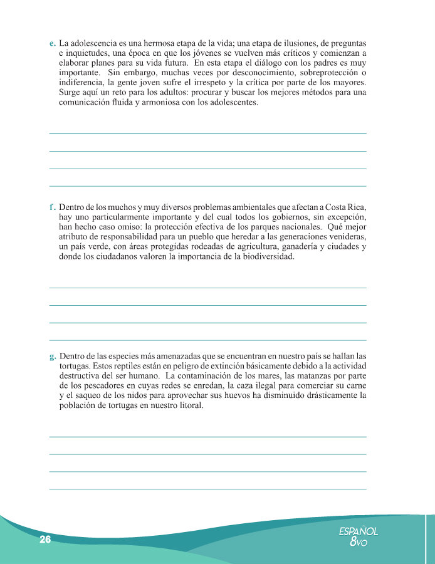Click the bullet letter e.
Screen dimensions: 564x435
point(52,44)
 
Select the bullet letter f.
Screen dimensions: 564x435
point(52,206)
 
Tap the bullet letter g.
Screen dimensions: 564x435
point(52,356)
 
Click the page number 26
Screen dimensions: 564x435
point(45,540)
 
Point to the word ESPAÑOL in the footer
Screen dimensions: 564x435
point(358,531)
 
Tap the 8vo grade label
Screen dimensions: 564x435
point(358,543)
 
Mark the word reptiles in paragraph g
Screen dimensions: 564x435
point(132,366)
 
